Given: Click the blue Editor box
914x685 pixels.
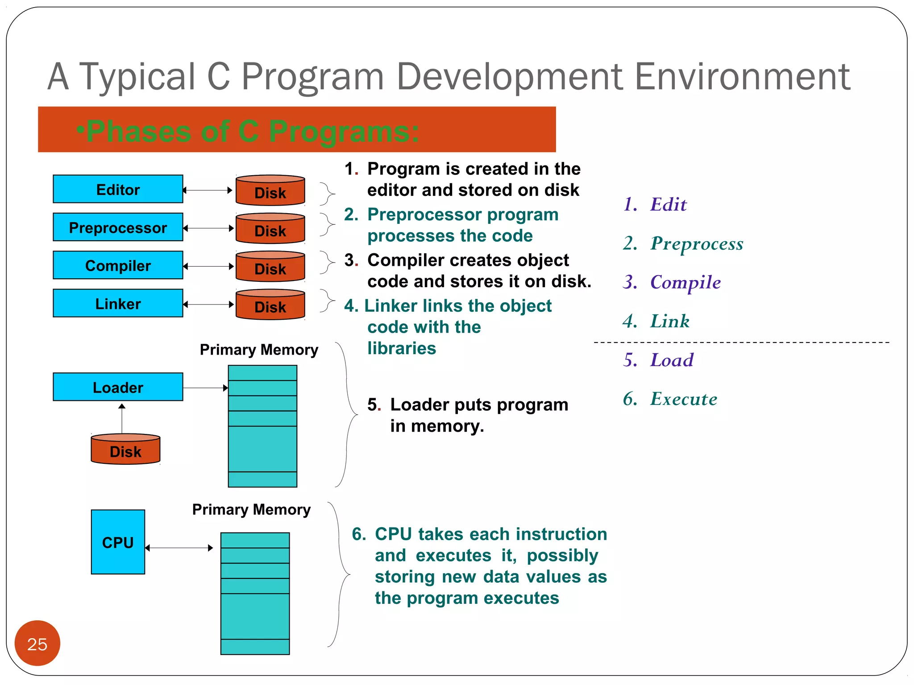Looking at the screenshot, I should (118, 189).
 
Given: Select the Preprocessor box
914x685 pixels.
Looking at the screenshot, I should (118, 227).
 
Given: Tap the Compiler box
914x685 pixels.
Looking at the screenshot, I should (118, 265).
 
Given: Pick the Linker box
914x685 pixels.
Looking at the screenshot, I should (118, 303).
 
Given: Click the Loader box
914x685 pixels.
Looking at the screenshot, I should (118, 387).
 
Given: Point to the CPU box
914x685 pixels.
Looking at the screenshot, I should (118, 542).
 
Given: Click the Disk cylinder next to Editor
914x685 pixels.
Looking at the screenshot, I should (270, 191).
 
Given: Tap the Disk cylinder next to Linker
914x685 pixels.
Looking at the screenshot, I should (270, 305).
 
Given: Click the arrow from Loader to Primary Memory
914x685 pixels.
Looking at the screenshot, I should (205, 388).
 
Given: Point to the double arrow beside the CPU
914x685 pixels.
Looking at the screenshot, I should (179, 548).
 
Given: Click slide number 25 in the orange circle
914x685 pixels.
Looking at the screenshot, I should (37, 644).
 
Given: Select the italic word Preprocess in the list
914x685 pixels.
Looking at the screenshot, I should (696, 243).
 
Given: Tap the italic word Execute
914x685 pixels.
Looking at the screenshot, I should (683, 399).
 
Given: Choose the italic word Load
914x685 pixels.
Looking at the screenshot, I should (672, 360).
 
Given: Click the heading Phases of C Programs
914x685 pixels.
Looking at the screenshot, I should (252, 131).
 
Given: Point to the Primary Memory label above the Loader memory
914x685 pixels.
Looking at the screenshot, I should (259, 350).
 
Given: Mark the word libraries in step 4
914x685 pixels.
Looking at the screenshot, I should (401, 348).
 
